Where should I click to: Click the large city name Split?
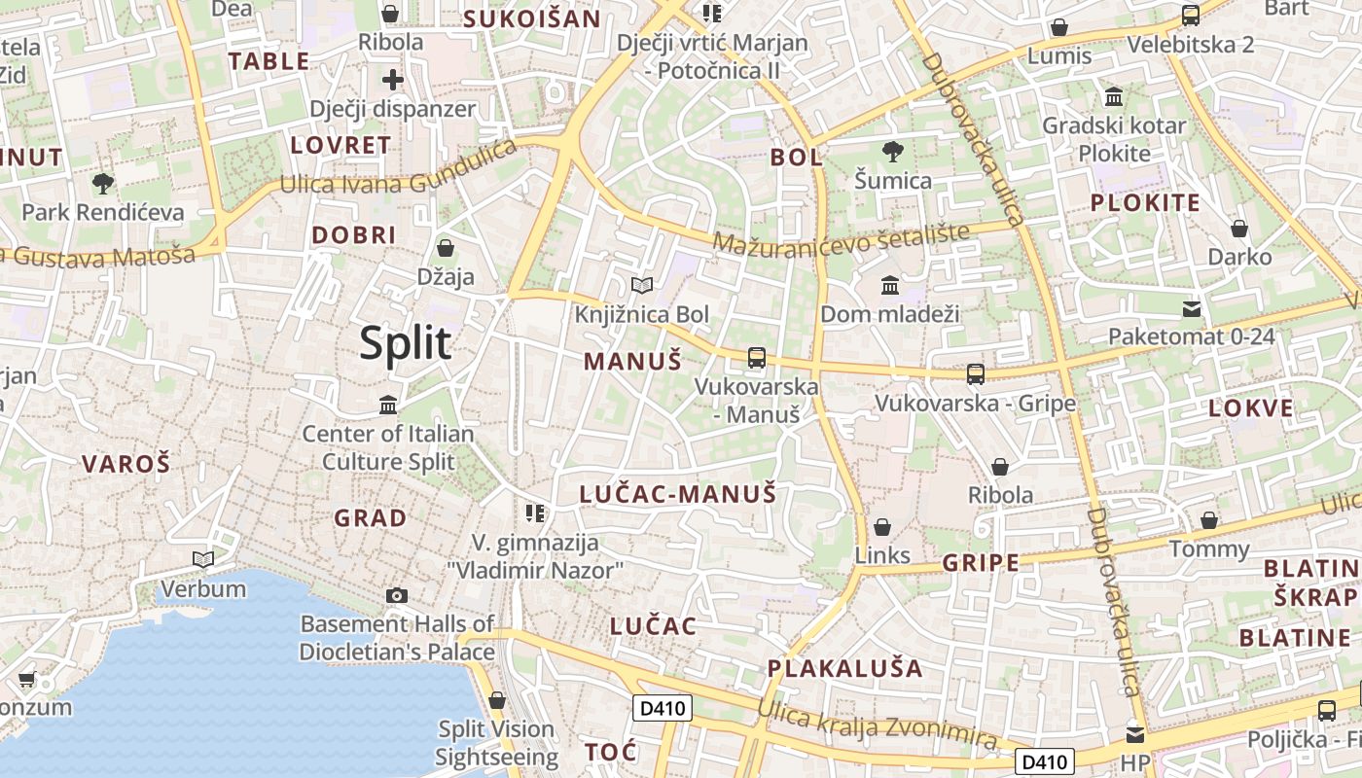[x=406, y=343]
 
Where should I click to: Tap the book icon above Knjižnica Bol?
[x=641, y=285]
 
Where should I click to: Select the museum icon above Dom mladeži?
[x=890, y=285]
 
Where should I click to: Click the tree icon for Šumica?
[x=892, y=151]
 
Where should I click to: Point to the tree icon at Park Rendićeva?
[x=102, y=183]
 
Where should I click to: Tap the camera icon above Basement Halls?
[x=396, y=595]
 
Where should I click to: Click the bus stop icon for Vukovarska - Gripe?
[x=975, y=373]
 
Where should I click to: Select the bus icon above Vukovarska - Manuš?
[x=757, y=357]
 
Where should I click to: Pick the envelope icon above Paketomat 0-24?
[x=1192, y=309]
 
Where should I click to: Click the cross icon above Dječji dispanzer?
[x=393, y=80]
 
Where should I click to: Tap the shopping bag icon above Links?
[x=882, y=527]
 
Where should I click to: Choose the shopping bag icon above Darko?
[x=1239, y=229]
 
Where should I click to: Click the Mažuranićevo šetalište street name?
[x=842, y=238]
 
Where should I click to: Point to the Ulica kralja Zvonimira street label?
[x=878, y=725]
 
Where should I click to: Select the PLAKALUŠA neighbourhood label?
[x=844, y=668]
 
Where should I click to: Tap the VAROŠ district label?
[x=126, y=464]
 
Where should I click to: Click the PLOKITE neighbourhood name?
[x=1145, y=202]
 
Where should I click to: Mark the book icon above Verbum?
[x=203, y=559]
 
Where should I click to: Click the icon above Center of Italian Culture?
[x=388, y=405]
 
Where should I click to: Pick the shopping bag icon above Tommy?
[x=1209, y=520]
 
